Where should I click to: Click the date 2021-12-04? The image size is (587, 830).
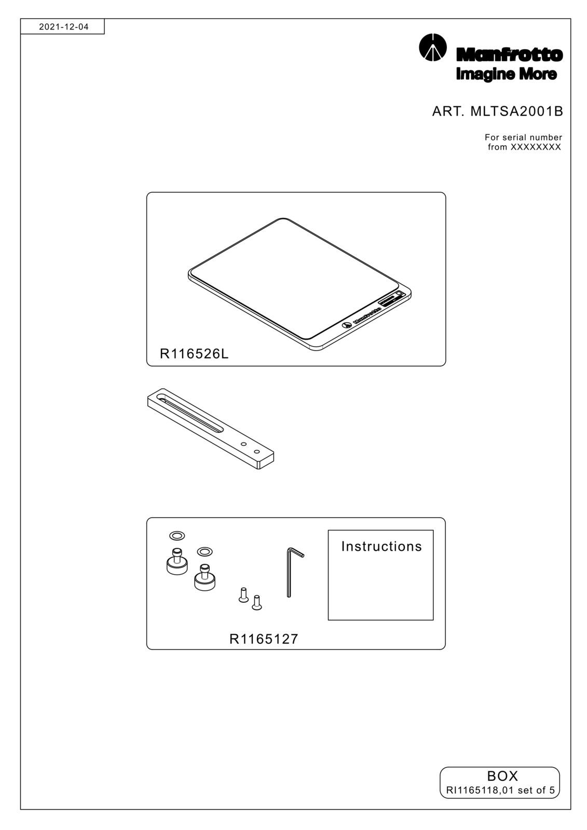[64, 26]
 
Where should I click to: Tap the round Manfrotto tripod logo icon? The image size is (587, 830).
[432, 47]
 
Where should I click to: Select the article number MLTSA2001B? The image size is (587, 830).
[516, 111]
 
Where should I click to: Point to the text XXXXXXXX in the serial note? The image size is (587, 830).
[536, 147]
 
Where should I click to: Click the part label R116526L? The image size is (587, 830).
[194, 354]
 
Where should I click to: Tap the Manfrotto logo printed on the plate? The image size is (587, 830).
[362, 317]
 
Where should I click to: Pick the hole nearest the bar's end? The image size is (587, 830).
[256, 452]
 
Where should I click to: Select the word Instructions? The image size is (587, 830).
[381, 547]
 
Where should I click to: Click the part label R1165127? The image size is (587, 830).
[264, 639]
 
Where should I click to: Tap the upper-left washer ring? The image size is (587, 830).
[177, 535]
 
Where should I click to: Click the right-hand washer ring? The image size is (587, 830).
[204, 552]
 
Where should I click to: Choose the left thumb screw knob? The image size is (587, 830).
[177, 562]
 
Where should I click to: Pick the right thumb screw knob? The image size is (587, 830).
[205, 578]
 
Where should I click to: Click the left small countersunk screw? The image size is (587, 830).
[243, 594]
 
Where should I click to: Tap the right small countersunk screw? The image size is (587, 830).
[256, 602]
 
